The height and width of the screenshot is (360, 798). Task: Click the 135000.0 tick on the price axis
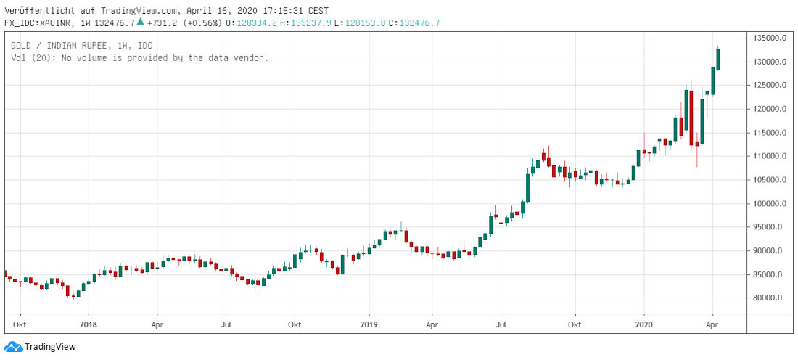point(770,38)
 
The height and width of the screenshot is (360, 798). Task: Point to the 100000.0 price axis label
point(770,204)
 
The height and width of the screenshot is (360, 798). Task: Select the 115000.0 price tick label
point(770,133)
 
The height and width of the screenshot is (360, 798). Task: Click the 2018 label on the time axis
point(88,324)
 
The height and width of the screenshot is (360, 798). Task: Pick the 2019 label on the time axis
point(369,324)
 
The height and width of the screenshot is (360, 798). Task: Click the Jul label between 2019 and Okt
point(501,324)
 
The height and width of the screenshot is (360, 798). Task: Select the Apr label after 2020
point(713,324)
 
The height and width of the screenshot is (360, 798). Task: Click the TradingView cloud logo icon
point(13,347)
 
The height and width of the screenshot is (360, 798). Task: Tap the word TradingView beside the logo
point(50,347)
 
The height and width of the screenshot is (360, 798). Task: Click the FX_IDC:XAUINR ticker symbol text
point(38,23)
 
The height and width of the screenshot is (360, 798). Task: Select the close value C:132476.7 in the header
point(414,23)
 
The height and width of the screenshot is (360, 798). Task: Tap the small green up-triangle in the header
point(140,22)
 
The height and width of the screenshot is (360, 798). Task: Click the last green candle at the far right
point(718,59)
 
